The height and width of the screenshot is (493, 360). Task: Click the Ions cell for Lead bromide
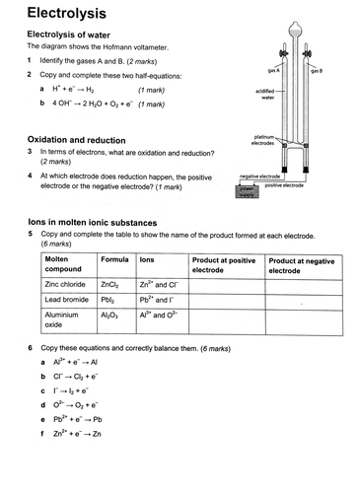click(x=158, y=300)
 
